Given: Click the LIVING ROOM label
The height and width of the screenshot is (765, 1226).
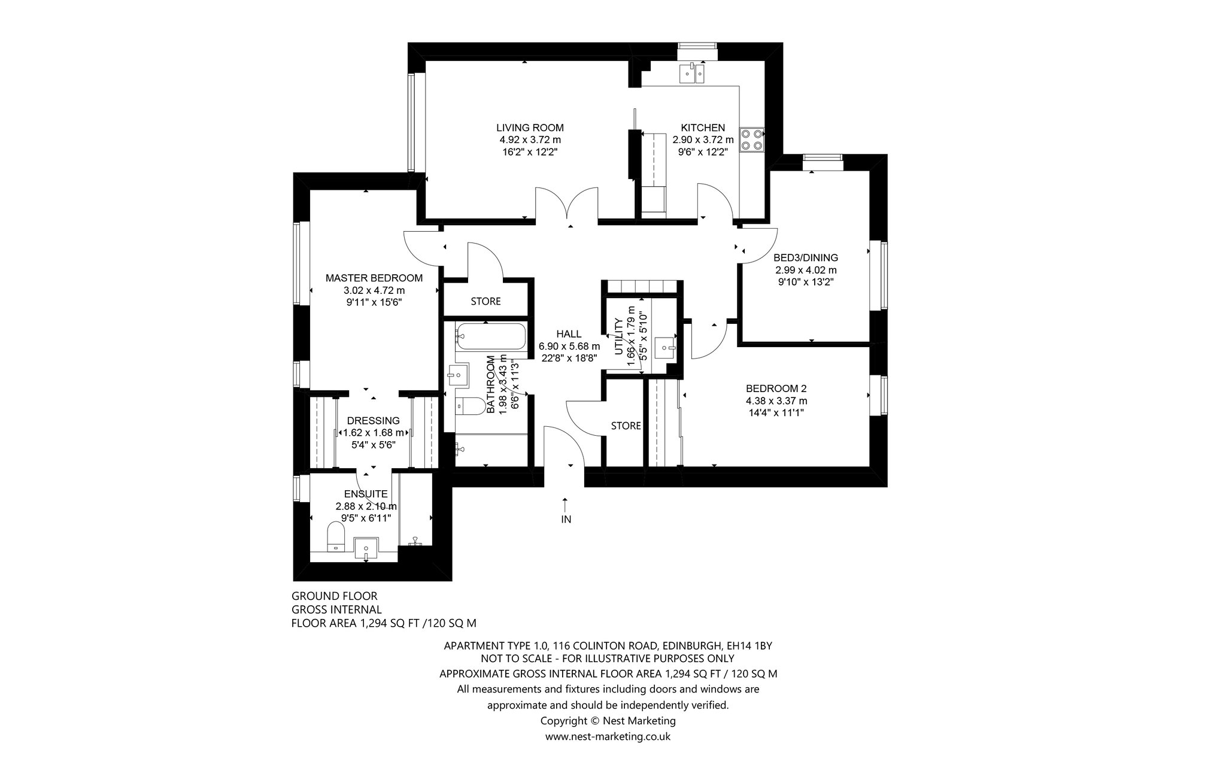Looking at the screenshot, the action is click(x=530, y=127).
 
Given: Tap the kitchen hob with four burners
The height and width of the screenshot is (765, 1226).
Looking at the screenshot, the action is click(x=752, y=139).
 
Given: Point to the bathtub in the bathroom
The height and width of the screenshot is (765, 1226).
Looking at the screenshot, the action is click(x=491, y=337).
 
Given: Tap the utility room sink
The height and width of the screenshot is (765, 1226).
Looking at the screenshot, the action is click(x=665, y=347).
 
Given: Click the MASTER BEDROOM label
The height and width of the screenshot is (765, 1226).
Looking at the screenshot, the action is click(x=374, y=278).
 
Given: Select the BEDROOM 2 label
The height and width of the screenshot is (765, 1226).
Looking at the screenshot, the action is click(x=776, y=388).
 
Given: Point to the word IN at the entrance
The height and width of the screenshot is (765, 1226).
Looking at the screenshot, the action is click(x=566, y=520).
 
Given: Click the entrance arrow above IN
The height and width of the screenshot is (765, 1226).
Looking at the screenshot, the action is click(x=565, y=504).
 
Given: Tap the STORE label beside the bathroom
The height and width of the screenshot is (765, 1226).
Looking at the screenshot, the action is click(x=485, y=301).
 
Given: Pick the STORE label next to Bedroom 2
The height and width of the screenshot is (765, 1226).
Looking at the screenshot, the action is click(x=626, y=426).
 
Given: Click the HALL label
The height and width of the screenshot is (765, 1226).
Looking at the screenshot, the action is click(x=569, y=334).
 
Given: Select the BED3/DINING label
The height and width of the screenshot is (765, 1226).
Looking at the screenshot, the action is click(x=806, y=258).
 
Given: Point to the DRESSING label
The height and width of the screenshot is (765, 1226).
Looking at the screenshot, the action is click(x=373, y=421).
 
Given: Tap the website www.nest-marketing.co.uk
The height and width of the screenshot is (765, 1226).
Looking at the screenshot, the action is click(x=608, y=737).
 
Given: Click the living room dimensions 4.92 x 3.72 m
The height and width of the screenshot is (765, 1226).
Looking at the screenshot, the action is click(x=530, y=140).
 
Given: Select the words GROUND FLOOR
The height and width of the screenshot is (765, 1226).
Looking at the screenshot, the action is click(x=335, y=596).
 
